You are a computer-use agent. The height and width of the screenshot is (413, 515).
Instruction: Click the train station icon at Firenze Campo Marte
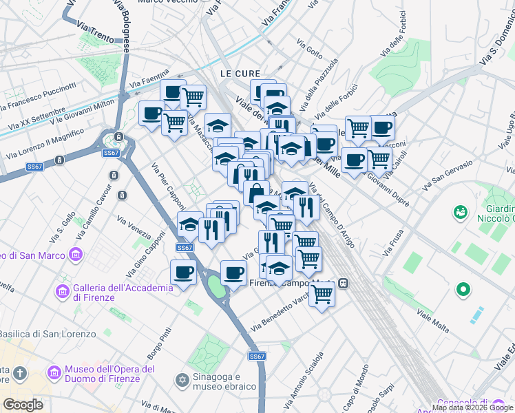(x=343, y=283)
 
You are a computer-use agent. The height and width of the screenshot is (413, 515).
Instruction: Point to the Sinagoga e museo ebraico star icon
(x=182, y=380)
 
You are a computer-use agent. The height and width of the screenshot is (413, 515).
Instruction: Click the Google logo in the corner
(x=23, y=404)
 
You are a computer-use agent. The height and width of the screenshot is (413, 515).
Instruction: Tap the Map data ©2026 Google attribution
(x=473, y=407)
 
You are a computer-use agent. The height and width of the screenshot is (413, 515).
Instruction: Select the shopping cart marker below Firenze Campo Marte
(x=322, y=294)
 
